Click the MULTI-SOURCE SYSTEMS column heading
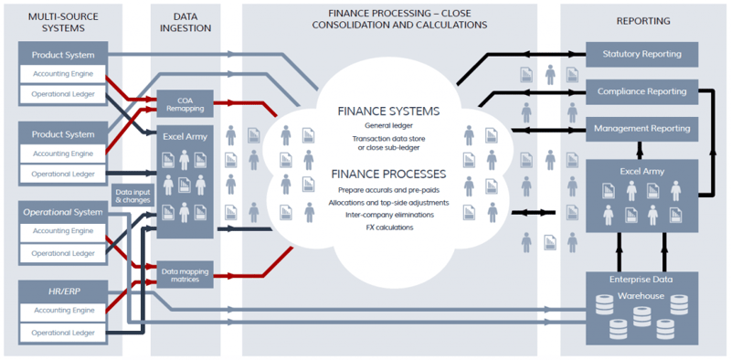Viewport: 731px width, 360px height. click(63, 22)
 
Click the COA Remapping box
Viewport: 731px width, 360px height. click(186, 102)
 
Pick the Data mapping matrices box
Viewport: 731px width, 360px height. click(186, 273)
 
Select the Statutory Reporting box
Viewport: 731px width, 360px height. click(641, 54)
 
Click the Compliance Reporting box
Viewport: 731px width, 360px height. click(641, 91)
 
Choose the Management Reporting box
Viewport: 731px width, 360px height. click(641, 129)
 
